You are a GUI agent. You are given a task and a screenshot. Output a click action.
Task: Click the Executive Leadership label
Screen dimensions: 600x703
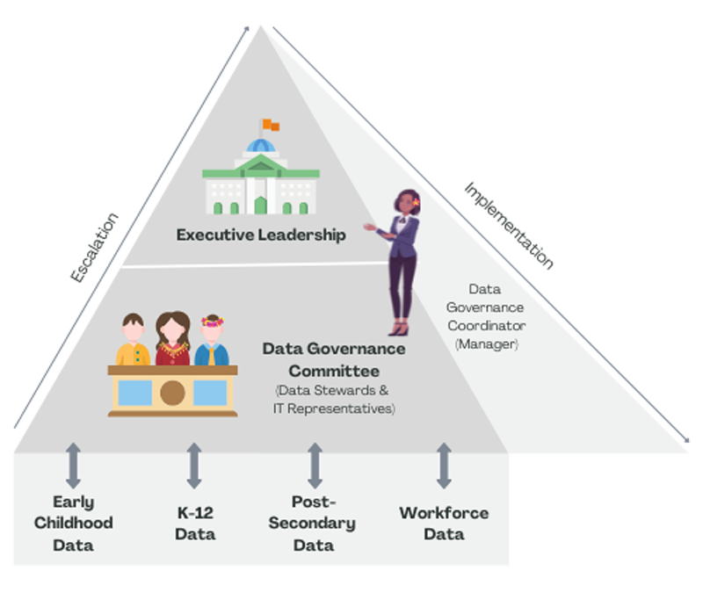point(261,235)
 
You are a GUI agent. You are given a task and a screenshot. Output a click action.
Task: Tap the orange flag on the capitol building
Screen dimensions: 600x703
point(269,125)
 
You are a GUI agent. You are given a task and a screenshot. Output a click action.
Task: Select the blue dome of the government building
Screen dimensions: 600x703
point(260,146)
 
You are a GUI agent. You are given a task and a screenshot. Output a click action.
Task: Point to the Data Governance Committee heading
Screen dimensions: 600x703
point(334,359)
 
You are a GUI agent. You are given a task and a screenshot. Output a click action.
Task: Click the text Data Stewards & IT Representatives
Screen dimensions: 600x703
point(334,399)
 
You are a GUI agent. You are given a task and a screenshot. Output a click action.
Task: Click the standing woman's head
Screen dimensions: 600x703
point(409,203)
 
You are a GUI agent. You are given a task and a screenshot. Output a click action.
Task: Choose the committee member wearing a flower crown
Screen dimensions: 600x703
point(212,342)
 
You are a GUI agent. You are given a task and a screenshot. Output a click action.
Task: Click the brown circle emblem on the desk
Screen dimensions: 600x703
point(173,393)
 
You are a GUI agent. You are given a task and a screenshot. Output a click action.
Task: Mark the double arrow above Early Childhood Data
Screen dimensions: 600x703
point(73,466)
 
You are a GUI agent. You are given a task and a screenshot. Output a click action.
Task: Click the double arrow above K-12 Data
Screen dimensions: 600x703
point(194,466)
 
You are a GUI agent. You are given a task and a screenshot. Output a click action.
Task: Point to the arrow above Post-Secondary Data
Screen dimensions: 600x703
point(314,466)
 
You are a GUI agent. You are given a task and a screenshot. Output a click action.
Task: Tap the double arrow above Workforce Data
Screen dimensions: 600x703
point(444,466)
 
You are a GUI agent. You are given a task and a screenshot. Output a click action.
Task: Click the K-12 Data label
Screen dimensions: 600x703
point(194,523)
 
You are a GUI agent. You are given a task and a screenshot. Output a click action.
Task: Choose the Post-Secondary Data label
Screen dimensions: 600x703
point(312,524)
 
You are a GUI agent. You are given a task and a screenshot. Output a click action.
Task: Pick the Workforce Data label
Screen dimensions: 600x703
point(444,524)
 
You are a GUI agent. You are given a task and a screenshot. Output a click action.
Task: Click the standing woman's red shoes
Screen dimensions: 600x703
point(400,329)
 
